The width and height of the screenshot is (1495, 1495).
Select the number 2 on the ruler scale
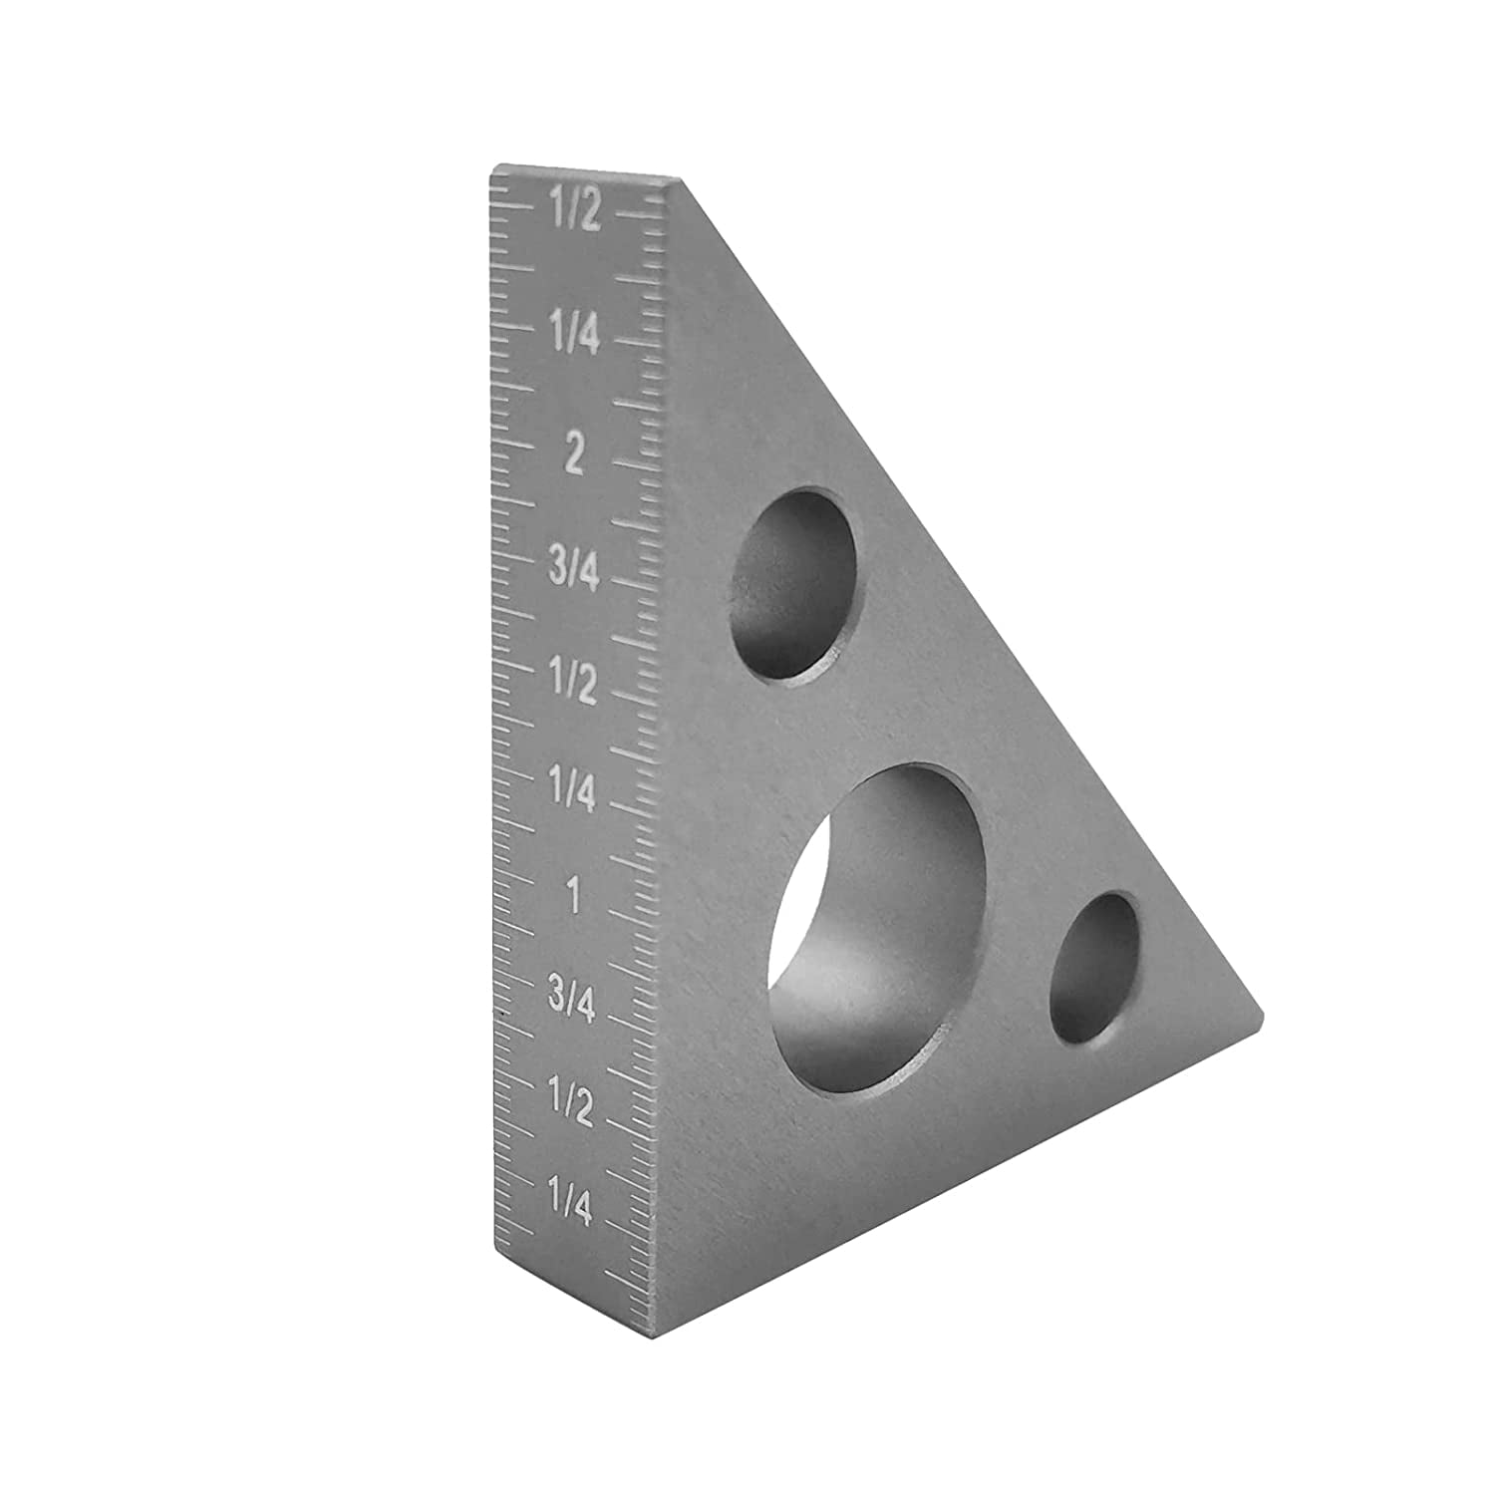point(574,454)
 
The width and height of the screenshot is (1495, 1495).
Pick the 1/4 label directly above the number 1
point(574,792)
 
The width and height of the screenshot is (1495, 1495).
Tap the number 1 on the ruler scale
point(573,898)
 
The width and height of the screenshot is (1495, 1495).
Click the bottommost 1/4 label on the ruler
point(572,1208)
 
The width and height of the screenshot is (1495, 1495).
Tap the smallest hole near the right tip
point(1093,969)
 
